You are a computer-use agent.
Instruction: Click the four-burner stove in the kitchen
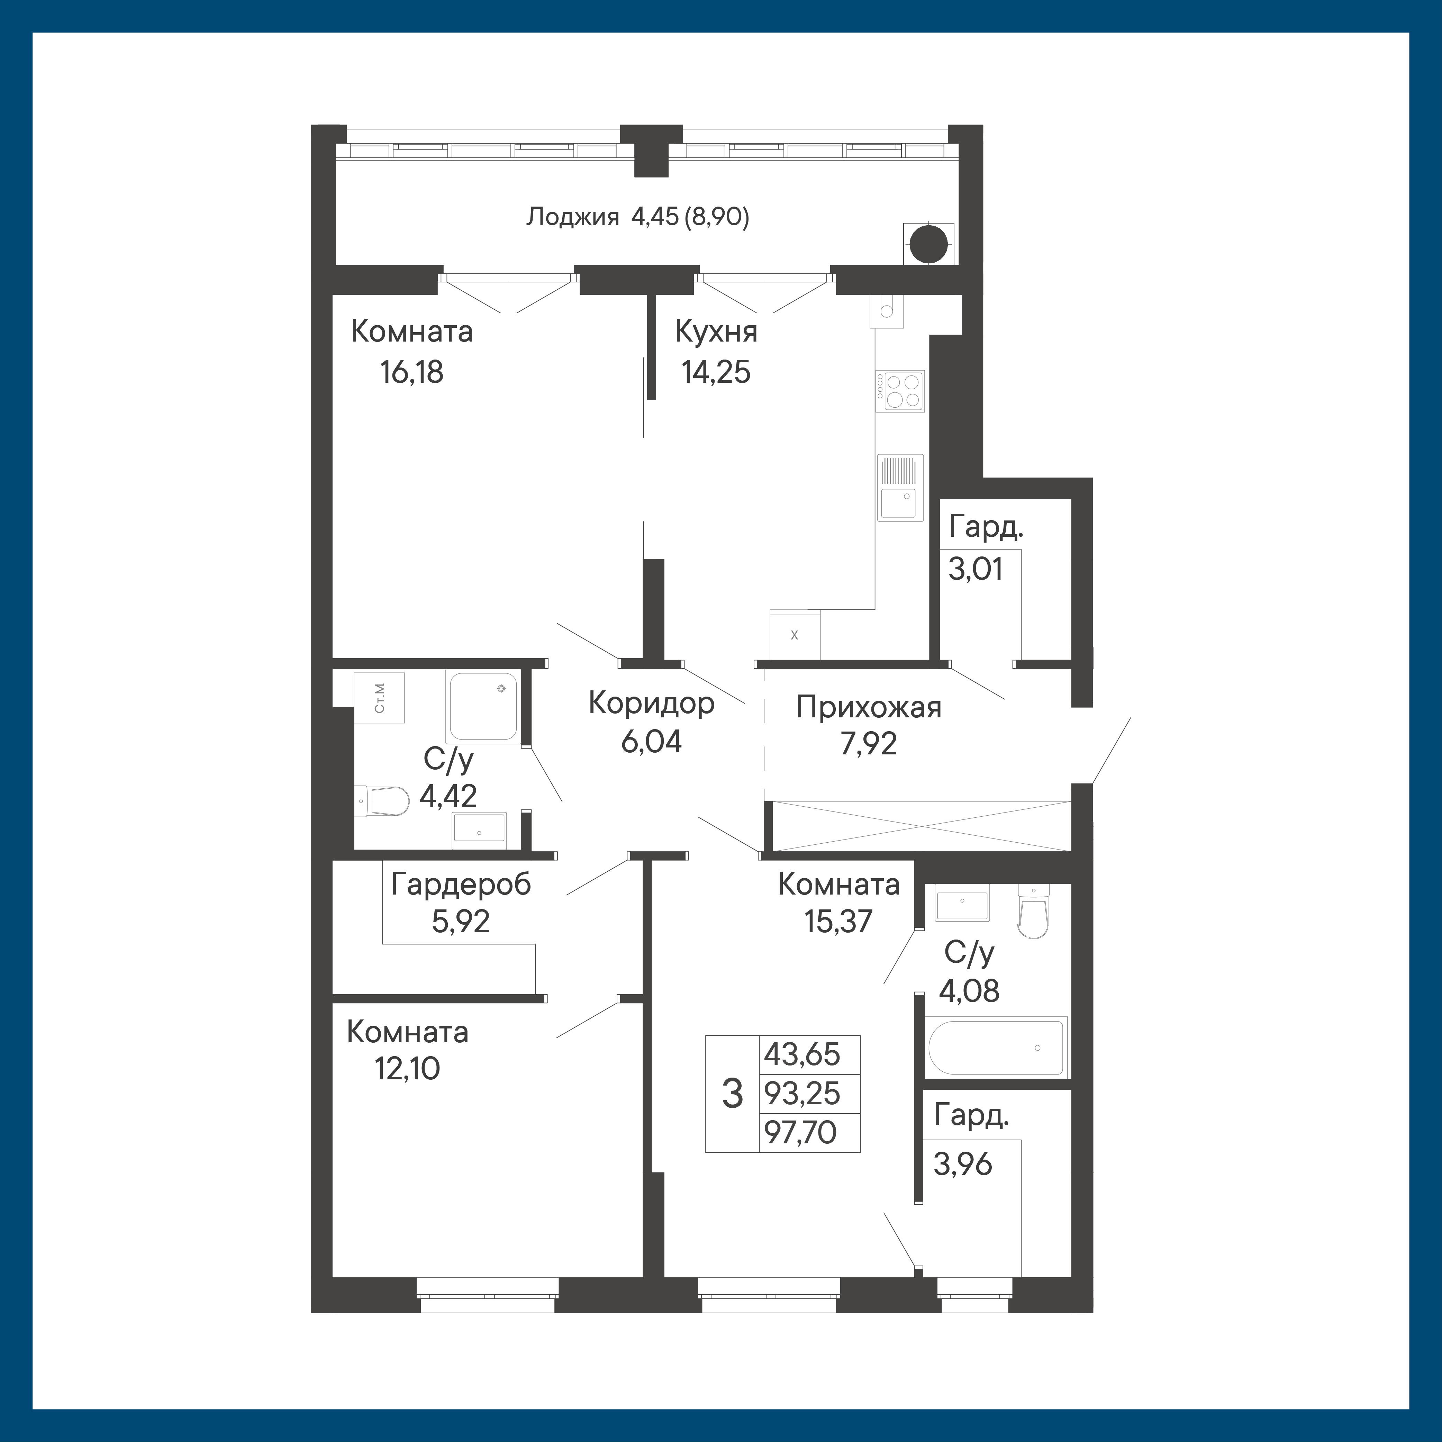tap(900, 391)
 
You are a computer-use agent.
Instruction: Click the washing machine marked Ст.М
tap(379, 697)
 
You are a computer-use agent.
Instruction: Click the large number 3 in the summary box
tap(733, 1094)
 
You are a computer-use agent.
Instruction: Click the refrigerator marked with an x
tap(795, 635)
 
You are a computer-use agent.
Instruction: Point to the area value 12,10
tap(408, 1069)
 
